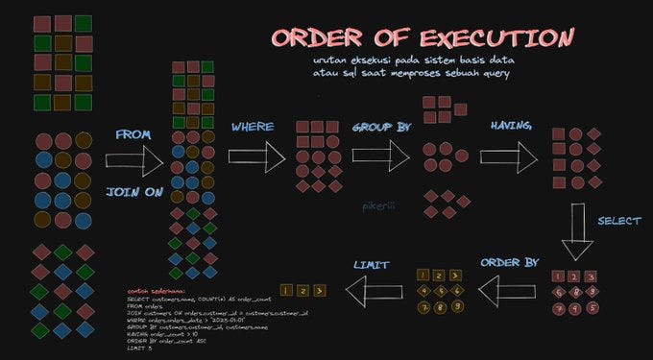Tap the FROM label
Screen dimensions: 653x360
[x=133, y=135]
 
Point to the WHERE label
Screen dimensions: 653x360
[x=253, y=127]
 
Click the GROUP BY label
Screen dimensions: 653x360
[x=381, y=127]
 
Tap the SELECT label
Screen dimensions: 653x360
[x=619, y=221]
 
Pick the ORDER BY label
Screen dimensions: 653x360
[x=508, y=262]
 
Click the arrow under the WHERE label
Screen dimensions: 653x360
[x=257, y=156]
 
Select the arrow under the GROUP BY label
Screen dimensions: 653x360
[x=380, y=154]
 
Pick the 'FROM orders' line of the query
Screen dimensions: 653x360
[x=149, y=306]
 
